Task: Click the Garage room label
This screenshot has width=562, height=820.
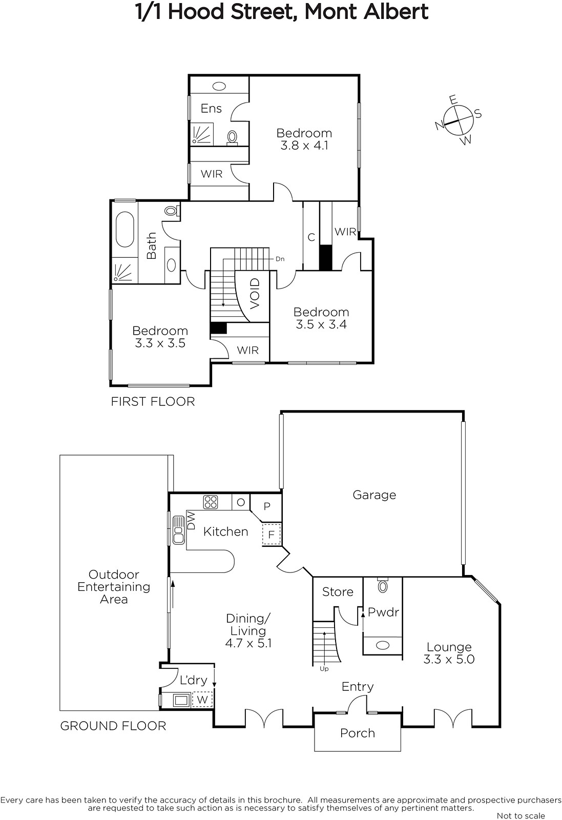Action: point(374,495)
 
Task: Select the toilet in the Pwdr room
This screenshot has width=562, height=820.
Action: point(383,585)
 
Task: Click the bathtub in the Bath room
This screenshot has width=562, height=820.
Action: point(124,230)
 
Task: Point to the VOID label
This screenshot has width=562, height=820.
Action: point(255,293)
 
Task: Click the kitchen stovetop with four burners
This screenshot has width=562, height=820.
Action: point(211,502)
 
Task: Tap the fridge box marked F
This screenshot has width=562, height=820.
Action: point(271,535)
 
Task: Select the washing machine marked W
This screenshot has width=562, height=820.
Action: point(202,700)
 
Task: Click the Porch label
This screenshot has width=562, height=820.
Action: point(358,733)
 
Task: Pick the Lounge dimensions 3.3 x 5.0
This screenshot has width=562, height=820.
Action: point(449,659)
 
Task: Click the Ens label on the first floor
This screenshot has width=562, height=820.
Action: point(211,108)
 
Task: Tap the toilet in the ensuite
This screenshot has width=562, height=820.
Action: point(232,138)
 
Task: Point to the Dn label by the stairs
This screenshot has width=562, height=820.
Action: point(280,259)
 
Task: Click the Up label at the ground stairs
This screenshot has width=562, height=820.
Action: point(324,669)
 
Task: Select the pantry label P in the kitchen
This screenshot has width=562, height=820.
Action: point(267,506)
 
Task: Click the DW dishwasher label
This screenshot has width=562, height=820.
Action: point(191,521)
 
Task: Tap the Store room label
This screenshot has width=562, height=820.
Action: point(338,592)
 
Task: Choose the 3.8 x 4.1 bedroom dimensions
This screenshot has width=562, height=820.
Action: point(304,146)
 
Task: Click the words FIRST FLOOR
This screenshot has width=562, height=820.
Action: point(153,402)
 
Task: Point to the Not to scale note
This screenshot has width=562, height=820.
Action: point(521,815)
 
